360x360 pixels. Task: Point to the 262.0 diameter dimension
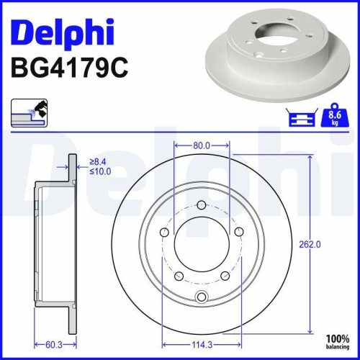tap(310, 244)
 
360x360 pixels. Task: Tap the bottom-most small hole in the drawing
tap(202, 298)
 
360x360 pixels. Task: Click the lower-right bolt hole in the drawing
tap(225, 275)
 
